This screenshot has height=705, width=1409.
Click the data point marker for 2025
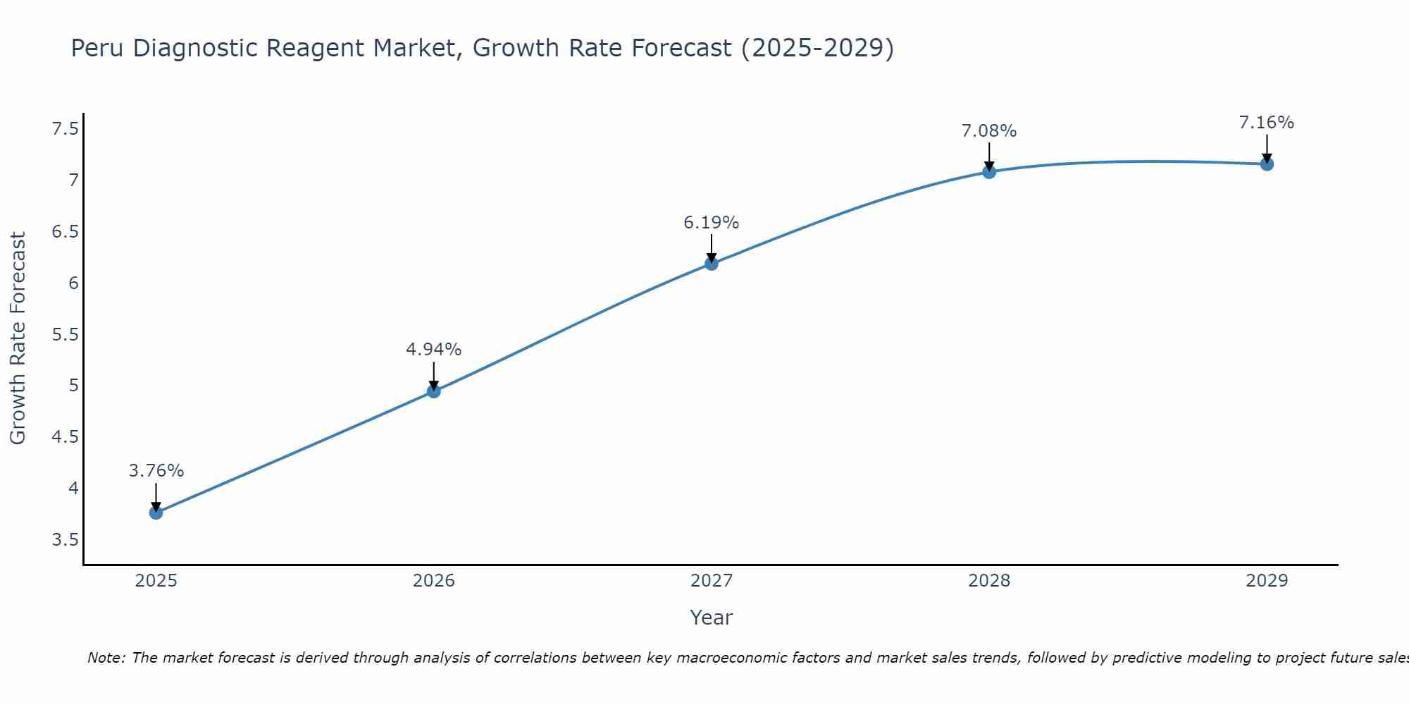(156, 513)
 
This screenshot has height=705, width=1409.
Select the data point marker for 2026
(434, 391)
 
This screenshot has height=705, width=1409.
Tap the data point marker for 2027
(712, 264)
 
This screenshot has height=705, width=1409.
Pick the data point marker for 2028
(989, 172)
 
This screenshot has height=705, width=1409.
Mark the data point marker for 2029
(1267, 164)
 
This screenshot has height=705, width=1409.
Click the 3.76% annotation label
(156, 471)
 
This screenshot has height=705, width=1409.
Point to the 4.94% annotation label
(434, 350)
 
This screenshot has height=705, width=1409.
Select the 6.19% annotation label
(712, 223)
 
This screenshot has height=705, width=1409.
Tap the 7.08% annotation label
(989, 131)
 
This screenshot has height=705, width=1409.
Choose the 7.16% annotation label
(1267, 123)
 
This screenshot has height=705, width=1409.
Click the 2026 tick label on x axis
(434, 581)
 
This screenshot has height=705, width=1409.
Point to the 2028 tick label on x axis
(989, 581)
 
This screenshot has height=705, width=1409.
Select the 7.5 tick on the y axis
(65, 129)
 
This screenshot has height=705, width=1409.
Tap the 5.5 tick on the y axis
(65, 334)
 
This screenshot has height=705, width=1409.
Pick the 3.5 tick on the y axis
(65, 540)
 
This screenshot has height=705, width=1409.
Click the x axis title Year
(712, 618)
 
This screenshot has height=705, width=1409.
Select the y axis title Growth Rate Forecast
(18, 338)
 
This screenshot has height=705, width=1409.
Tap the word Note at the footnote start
(106, 658)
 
